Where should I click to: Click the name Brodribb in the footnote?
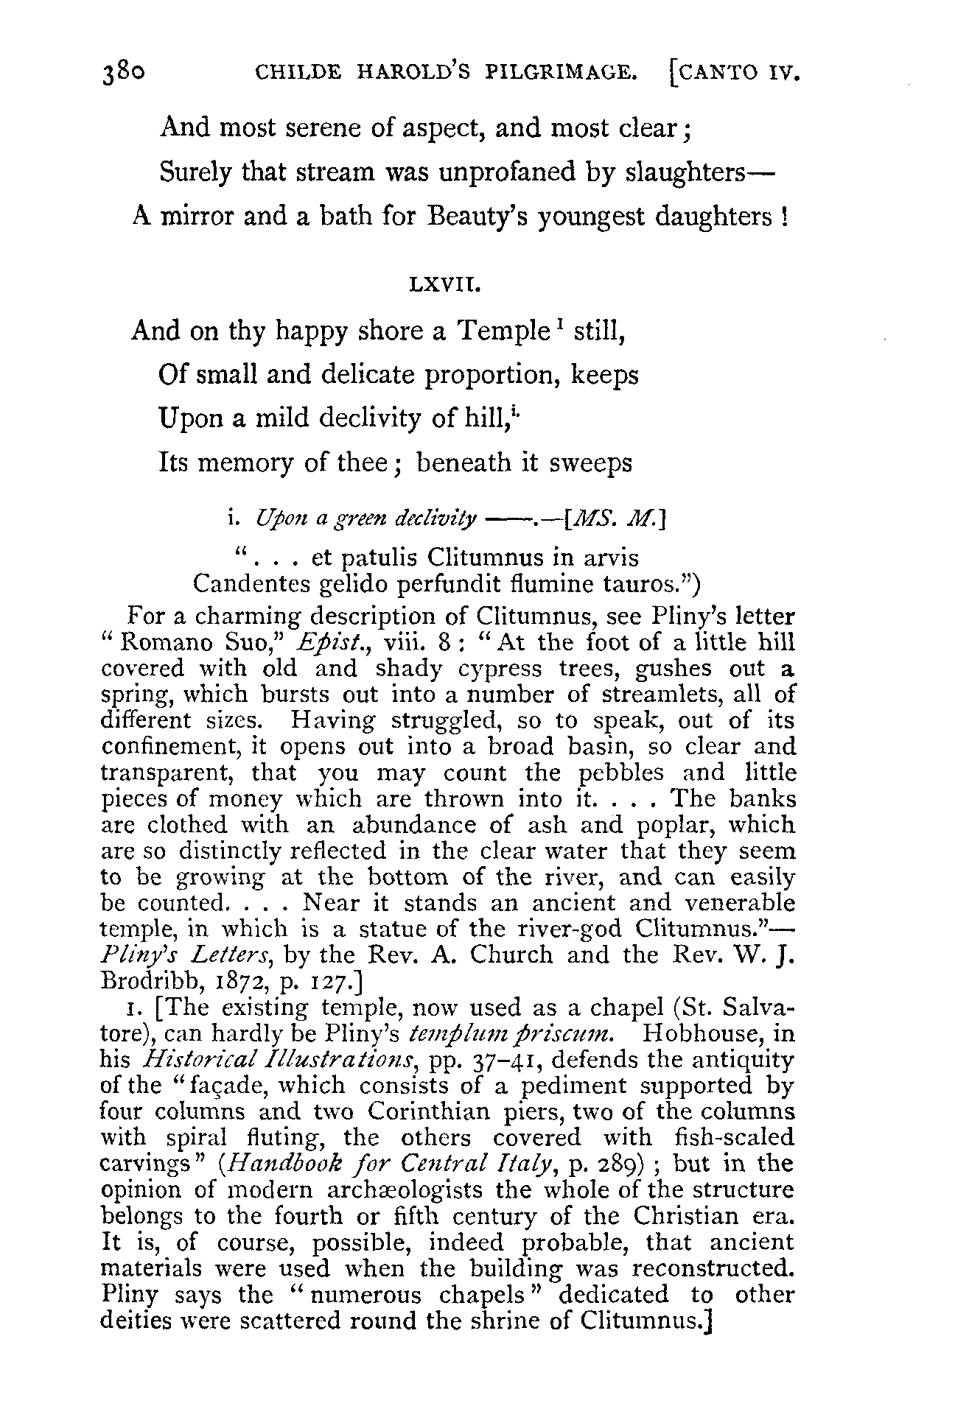147,981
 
